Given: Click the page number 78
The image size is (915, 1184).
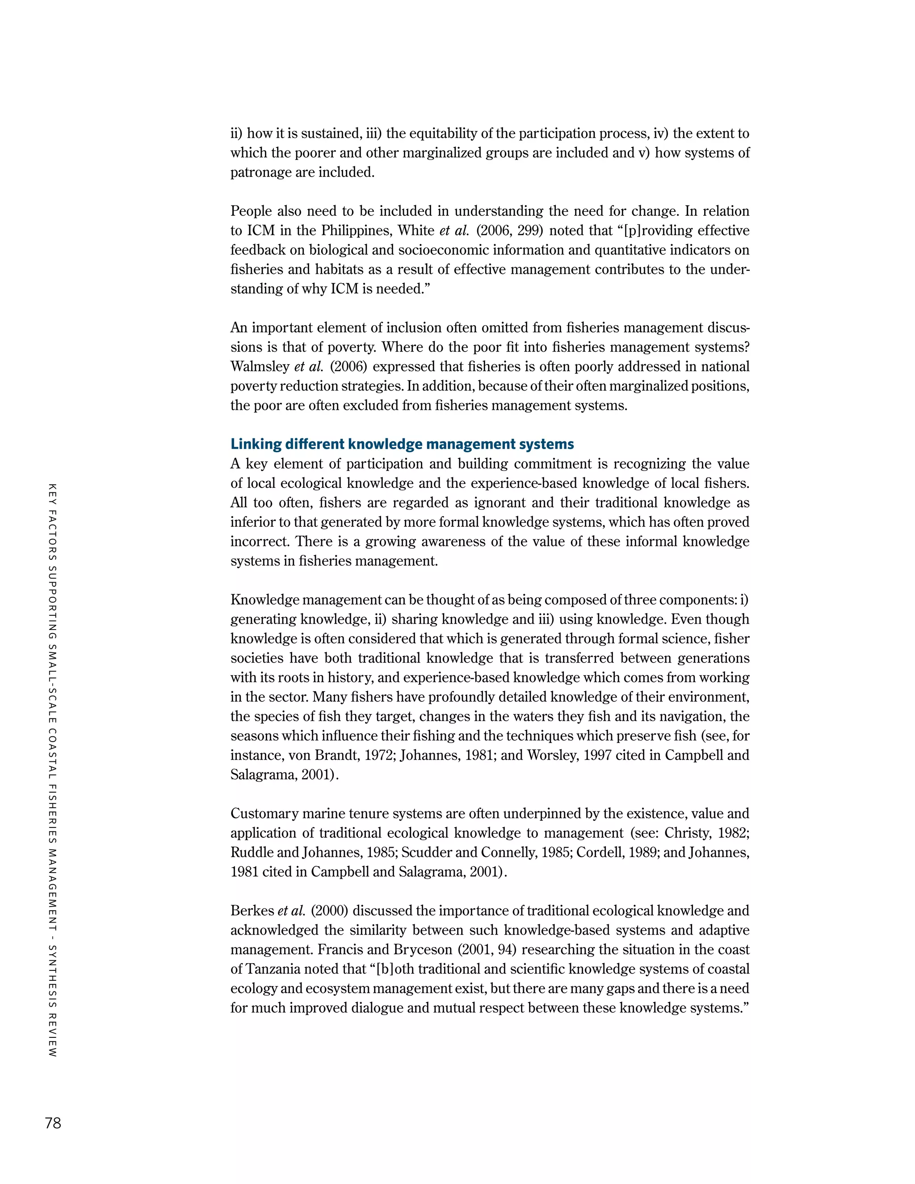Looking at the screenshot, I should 53,1123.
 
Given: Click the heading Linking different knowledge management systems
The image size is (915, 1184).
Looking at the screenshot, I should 402,444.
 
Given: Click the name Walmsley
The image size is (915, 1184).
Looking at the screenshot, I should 260,366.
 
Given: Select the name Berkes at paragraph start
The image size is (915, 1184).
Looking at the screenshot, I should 252,911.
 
